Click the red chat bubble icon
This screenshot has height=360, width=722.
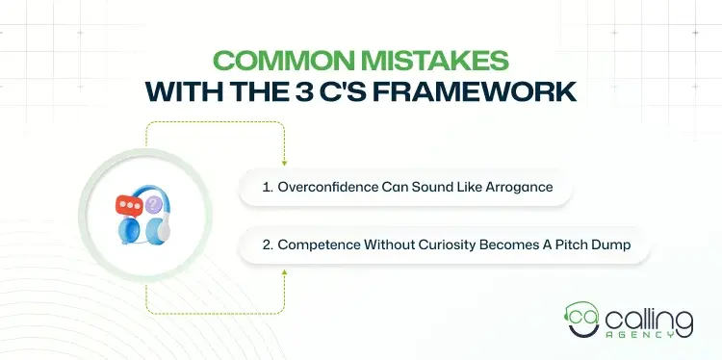128,205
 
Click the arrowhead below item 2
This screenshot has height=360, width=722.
286,271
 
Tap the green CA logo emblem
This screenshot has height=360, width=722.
580,319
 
